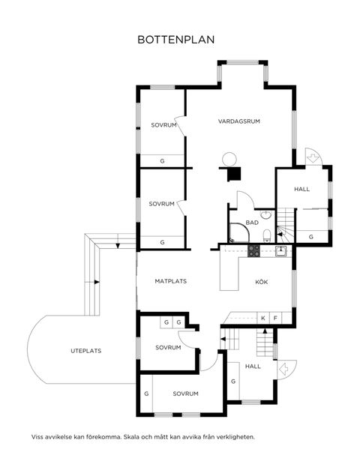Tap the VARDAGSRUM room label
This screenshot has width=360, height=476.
pos(239,121)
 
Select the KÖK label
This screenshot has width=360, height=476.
pos(262,282)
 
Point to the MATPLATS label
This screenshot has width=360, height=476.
pos(170,282)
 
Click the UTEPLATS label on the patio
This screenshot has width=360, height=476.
pos(86,350)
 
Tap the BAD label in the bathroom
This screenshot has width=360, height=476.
pos(252,223)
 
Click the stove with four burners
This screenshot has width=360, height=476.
pos(253,250)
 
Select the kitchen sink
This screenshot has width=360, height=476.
pos(280,251)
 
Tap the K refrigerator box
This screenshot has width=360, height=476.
pos(263,319)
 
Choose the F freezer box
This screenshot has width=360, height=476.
pos(275,319)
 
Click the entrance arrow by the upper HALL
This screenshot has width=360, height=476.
pos(311,157)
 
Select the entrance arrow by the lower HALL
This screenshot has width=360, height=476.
pos(285,370)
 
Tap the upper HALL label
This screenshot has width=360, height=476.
pos(301,189)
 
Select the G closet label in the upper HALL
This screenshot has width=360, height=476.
pos(311,237)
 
